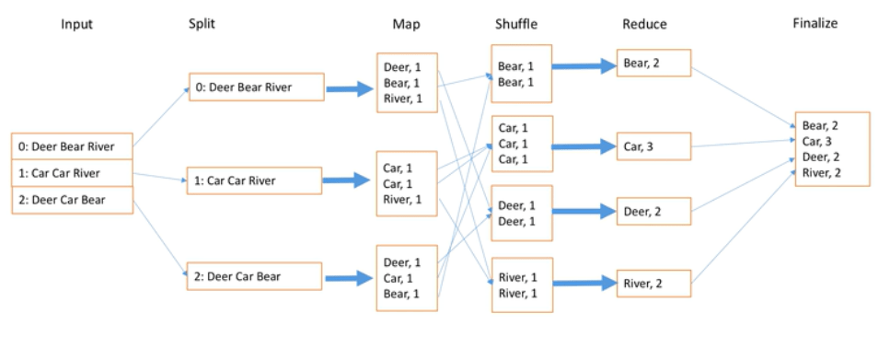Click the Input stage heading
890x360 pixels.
[x=77, y=24]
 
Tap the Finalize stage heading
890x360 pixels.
[x=815, y=24]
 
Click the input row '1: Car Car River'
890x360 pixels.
[x=72, y=173]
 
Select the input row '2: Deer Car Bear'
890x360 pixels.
[x=72, y=200]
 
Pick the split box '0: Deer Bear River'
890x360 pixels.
[x=256, y=88]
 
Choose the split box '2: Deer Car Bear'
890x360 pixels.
[x=256, y=275]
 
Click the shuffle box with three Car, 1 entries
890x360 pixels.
[x=521, y=144]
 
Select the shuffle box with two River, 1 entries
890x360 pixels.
[x=521, y=285]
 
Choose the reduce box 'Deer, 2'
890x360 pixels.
[x=653, y=212]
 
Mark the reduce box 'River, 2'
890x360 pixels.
[x=653, y=283]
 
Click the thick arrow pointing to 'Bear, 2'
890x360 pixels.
[x=584, y=66]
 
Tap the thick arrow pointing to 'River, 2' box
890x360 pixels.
[x=584, y=284]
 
